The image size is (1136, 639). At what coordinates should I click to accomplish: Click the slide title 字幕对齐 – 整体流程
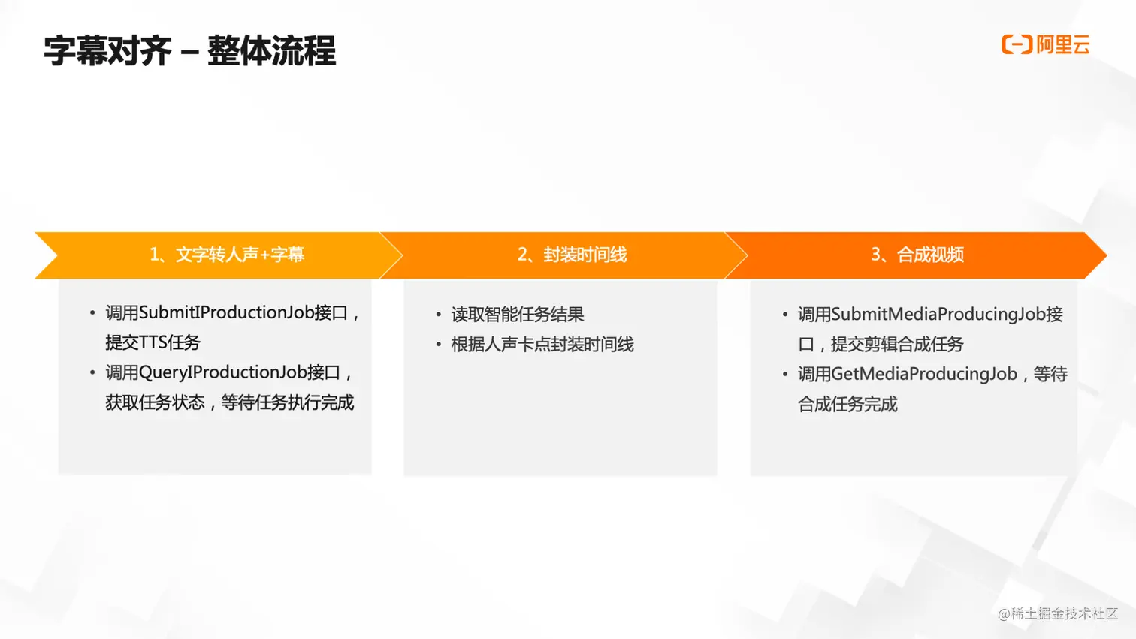pyautogui.click(x=189, y=51)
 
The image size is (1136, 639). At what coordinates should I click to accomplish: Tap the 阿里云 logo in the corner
pyautogui.click(x=1046, y=44)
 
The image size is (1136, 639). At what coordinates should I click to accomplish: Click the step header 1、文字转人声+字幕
pyautogui.click(x=226, y=255)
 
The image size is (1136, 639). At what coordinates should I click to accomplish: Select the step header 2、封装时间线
pyautogui.click(x=572, y=255)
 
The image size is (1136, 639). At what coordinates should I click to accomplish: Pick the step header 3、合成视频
pyautogui.click(x=917, y=255)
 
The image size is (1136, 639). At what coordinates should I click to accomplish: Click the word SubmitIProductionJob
pyautogui.click(x=226, y=312)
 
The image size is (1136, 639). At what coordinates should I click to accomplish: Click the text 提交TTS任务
pyautogui.click(x=153, y=342)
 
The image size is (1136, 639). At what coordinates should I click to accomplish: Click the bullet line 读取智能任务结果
pyautogui.click(x=518, y=314)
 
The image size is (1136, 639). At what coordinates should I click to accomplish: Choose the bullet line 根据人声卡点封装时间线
pyautogui.click(x=542, y=344)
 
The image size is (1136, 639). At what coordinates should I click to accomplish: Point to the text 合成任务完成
pyautogui.click(x=847, y=404)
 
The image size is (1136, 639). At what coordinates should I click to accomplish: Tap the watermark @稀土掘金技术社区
pyautogui.click(x=1058, y=613)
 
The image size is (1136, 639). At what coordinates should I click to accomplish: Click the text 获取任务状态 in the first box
pyautogui.click(x=155, y=402)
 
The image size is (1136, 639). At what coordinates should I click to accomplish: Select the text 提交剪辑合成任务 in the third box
pyautogui.click(x=897, y=344)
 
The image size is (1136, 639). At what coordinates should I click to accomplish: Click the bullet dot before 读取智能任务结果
pyautogui.click(x=438, y=315)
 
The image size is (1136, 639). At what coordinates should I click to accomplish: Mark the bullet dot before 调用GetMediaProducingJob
pyautogui.click(x=784, y=374)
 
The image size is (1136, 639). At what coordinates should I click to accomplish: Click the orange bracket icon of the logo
pyautogui.click(x=1017, y=44)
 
